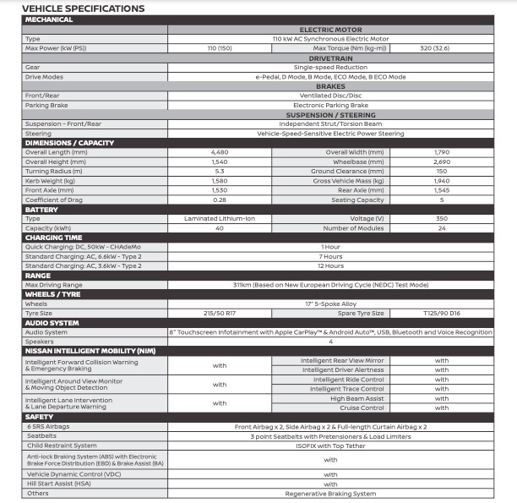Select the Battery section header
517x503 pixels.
coord(42,209)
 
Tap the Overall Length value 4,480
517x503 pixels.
coord(220,152)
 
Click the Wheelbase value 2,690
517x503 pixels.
coord(441,161)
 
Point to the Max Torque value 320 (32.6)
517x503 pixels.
coord(441,48)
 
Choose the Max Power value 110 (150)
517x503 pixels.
coord(220,48)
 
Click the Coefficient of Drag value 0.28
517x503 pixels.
coord(220,200)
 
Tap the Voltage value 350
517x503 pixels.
coord(441,218)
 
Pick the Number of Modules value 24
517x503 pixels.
coord(441,227)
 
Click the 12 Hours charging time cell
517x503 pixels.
coord(330,265)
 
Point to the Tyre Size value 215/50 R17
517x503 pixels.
coord(220,313)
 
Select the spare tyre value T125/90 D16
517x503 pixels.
coord(441,313)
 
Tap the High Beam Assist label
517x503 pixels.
coord(356,398)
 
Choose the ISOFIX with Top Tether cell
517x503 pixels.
coord(330,446)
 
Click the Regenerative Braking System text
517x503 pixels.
coord(330,494)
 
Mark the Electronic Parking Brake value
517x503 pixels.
coord(330,105)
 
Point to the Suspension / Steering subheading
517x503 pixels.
coord(330,114)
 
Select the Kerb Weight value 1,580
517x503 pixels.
coord(220,180)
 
